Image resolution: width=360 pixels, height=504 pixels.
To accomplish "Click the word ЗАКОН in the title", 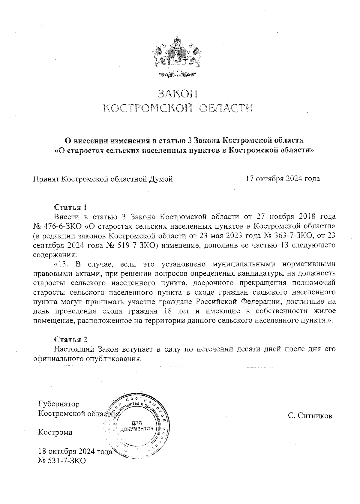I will pyautogui.click(x=178, y=94).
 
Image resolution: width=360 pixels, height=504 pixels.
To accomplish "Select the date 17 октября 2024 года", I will pyautogui.click(x=283, y=179).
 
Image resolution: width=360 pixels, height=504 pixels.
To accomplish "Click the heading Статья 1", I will pyautogui.click(x=70, y=208).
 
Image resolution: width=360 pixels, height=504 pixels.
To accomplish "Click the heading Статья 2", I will pyautogui.click(x=70, y=340).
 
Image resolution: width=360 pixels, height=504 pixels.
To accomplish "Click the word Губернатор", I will pyautogui.click(x=59, y=404).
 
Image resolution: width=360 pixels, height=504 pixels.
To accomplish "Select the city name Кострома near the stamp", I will pyautogui.click(x=55, y=433).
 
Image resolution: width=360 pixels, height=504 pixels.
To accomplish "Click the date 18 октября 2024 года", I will pyautogui.click(x=75, y=451).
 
